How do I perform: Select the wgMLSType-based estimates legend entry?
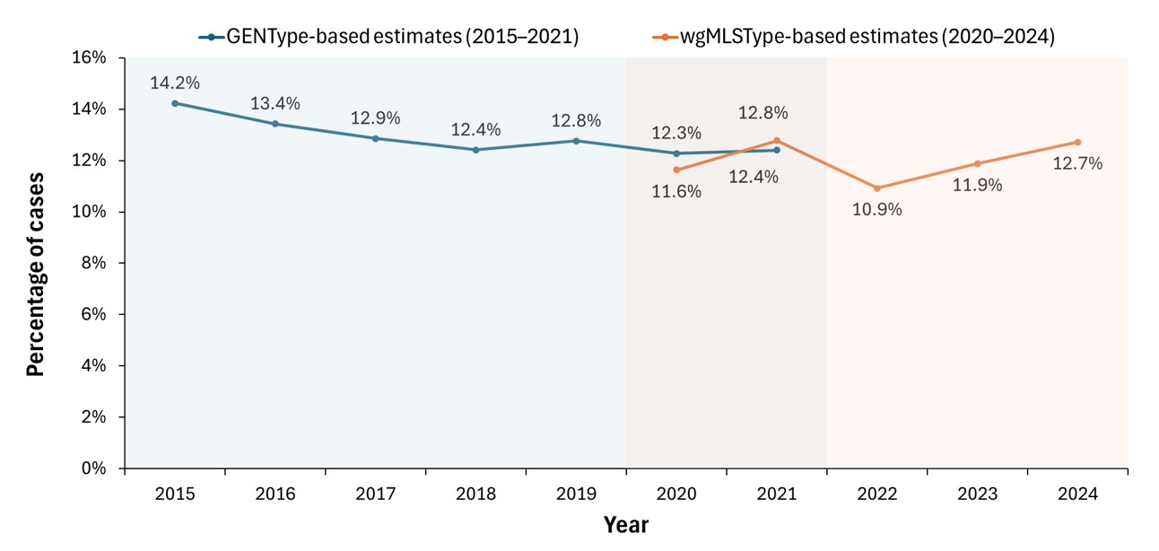point(849,37)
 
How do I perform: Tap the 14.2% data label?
point(175,83)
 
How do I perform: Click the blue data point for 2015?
point(175,103)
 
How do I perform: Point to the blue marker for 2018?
point(475,150)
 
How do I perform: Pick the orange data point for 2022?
point(876,188)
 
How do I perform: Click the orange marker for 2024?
point(1077,142)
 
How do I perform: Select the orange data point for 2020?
point(676,170)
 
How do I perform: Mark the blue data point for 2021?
point(777,150)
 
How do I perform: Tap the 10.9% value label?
point(876,210)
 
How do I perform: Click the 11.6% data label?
point(676,192)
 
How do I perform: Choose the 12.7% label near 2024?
point(1077,164)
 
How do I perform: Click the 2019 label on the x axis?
point(576,493)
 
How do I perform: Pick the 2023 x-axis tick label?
point(977,493)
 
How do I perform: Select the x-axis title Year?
point(625,524)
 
